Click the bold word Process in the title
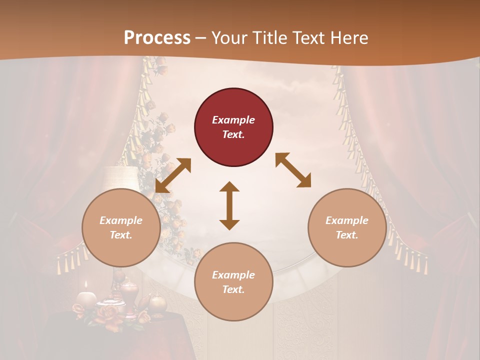157,38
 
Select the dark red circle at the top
233,127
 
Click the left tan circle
121,227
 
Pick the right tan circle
347,227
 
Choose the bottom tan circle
233,282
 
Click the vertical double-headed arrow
229,205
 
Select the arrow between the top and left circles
173,175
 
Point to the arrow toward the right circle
293,170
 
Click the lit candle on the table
86,298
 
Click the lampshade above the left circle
120,177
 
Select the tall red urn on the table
128,296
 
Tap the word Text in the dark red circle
233,134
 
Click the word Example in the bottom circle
233,274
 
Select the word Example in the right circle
347,220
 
